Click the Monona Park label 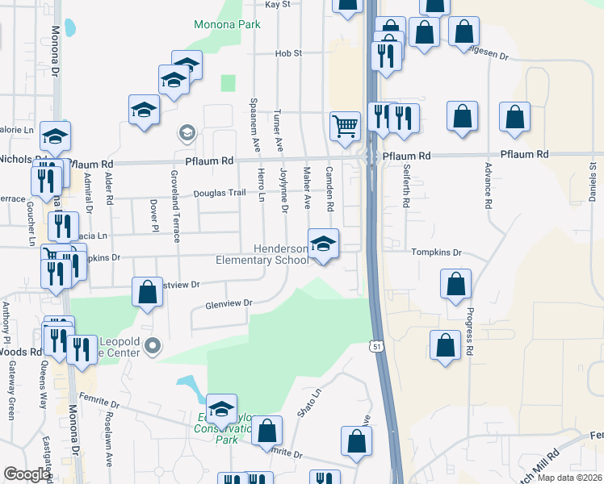[227, 25]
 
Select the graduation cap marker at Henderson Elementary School [323, 243]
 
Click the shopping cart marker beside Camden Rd [345, 125]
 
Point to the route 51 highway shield [377, 346]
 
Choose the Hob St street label [287, 53]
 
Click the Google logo [27, 474]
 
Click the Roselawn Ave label [109, 444]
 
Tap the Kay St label [277, 5]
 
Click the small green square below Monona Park [228, 83]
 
